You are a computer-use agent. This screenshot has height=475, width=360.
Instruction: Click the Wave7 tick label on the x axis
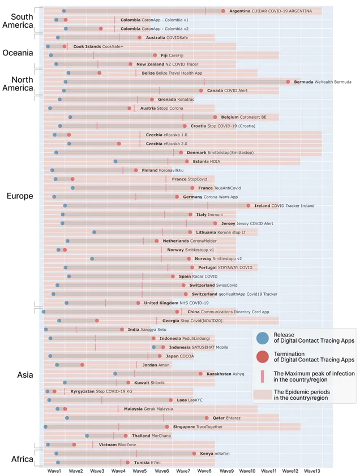pyautogui.click(x=183, y=470)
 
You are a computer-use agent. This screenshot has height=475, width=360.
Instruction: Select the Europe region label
pyautogui.click(x=19, y=196)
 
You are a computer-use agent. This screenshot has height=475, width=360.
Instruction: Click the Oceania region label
pyautogui.click(x=18, y=53)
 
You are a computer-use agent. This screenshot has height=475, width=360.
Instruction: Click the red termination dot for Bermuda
pyautogui.click(x=288, y=82)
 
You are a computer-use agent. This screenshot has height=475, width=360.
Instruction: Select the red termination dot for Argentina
pyautogui.click(x=223, y=11)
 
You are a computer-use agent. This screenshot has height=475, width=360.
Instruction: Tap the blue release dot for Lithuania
pyautogui.click(x=95, y=232)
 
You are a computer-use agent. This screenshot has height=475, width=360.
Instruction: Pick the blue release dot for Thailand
pyautogui.click(x=87, y=435)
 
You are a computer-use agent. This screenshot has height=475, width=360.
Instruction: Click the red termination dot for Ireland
pyautogui.click(x=248, y=206)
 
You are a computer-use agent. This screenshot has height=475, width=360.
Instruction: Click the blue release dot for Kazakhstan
pyautogui.click(x=115, y=374)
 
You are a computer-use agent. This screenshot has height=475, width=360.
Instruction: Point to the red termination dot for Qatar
pyautogui.click(x=207, y=418)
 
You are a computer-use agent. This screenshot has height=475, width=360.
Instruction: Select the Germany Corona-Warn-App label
pyautogui.click(x=208, y=197)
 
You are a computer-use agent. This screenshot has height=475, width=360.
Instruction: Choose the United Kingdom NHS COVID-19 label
pyautogui.click(x=172, y=303)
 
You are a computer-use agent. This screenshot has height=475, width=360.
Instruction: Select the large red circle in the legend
pyautogui.click(x=262, y=356)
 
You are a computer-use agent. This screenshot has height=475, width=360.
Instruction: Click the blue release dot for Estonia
pyautogui.click(x=115, y=161)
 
